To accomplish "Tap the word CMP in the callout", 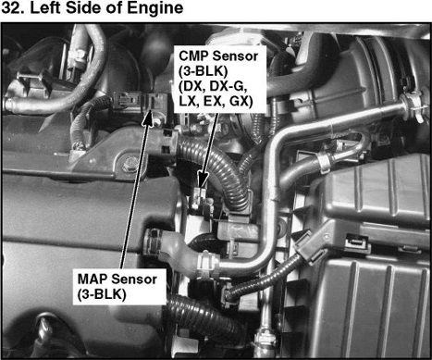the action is click(193, 56).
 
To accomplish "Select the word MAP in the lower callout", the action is click(93, 279).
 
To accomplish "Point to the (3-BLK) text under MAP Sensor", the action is click(102, 294).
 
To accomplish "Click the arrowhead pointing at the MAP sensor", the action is click(149, 118).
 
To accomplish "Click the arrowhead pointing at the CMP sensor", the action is click(203, 180).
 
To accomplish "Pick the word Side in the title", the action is click(83, 7).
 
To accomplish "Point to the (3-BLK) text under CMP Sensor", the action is click(204, 71).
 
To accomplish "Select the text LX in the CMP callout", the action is click(188, 101).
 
